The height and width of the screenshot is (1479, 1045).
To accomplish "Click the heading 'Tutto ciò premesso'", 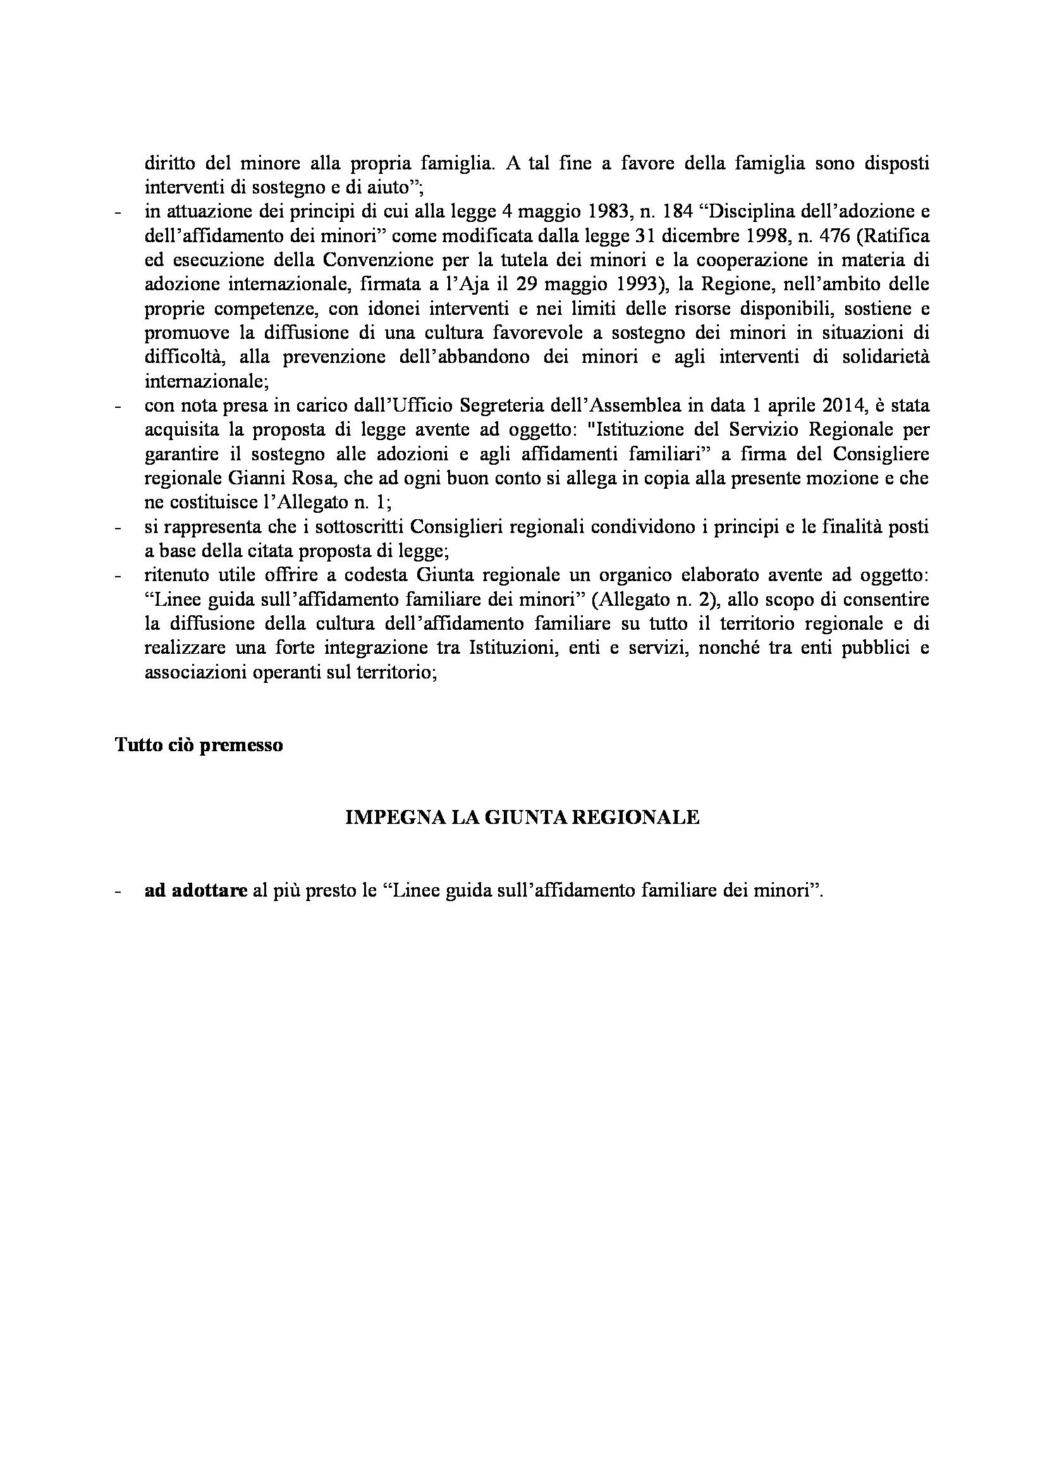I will click(199, 746).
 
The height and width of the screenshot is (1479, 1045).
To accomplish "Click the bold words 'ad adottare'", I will click(196, 891).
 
